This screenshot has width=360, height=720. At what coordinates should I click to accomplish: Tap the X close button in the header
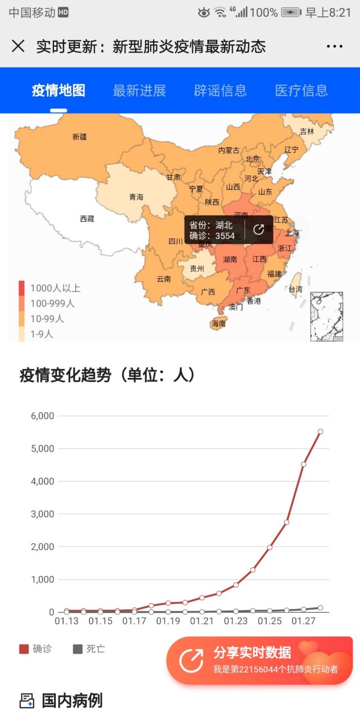18,46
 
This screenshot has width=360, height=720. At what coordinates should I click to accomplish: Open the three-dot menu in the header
334,47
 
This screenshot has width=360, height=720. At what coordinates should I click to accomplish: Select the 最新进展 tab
139,91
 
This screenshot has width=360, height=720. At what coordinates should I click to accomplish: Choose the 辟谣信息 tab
220,91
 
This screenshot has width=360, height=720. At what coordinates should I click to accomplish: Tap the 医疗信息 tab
301,91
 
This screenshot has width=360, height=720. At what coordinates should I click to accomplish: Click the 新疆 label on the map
80,137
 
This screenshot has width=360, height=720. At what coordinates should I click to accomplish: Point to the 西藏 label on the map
87,219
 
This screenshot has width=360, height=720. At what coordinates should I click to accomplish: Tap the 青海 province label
136,197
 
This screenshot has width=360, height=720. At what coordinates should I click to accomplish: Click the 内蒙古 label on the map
228,150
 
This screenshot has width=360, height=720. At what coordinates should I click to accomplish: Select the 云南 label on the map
164,278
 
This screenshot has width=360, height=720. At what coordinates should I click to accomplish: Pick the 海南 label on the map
218,323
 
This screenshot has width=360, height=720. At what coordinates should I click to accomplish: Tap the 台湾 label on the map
295,289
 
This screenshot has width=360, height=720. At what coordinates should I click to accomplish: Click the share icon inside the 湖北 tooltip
259,229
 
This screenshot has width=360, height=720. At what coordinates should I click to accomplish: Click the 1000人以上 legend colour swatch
22,288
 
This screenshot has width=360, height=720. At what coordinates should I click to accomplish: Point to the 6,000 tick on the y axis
42,416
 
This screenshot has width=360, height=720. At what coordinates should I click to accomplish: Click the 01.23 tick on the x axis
236,622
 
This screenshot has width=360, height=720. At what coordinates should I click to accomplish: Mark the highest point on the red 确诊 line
321,431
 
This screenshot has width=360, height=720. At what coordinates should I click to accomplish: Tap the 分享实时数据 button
259,660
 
